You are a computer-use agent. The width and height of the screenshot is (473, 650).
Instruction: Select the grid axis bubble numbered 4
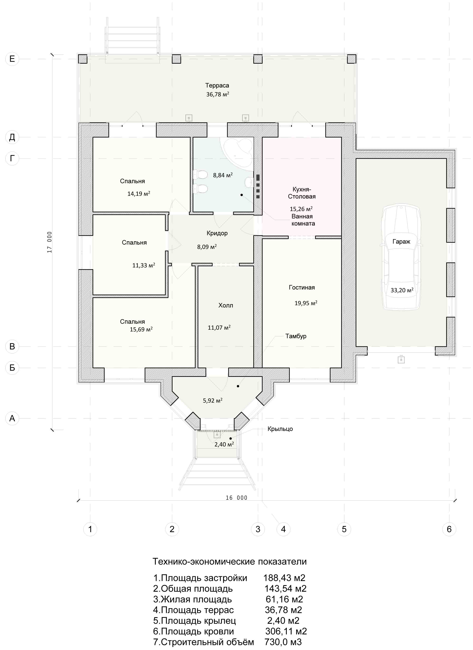coord(283,529)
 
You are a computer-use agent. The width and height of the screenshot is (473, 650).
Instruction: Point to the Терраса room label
coord(217,85)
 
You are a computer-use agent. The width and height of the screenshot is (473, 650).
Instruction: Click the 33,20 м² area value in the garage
coord(402,290)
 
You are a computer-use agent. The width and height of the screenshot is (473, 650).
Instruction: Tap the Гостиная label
coord(302,287)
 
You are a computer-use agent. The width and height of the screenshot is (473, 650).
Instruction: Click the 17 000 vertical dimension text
coord(49,242)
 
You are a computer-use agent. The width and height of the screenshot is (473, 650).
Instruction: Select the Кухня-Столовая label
coord(302,193)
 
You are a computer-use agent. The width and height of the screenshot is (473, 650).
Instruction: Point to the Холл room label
coord(226,305)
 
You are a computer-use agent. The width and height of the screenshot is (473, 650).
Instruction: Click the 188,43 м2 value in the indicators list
coord(284,578)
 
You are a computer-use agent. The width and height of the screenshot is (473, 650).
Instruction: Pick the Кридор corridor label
coord(217,233)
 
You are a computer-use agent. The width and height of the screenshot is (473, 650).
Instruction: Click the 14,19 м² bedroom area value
coord(139,194)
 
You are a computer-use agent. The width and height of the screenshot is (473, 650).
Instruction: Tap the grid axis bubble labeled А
coord(12,418)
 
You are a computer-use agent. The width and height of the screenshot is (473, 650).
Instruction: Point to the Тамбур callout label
coord(296,336)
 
